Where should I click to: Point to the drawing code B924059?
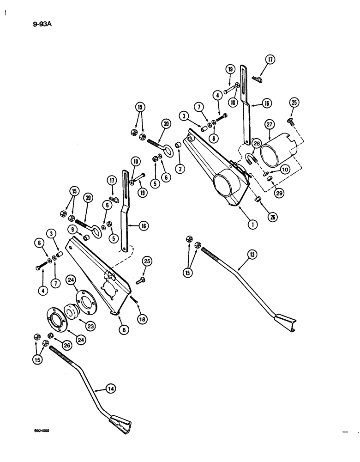pos(40,429)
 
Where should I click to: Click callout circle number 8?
pos(124,330)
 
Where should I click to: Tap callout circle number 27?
pos(269,124)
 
